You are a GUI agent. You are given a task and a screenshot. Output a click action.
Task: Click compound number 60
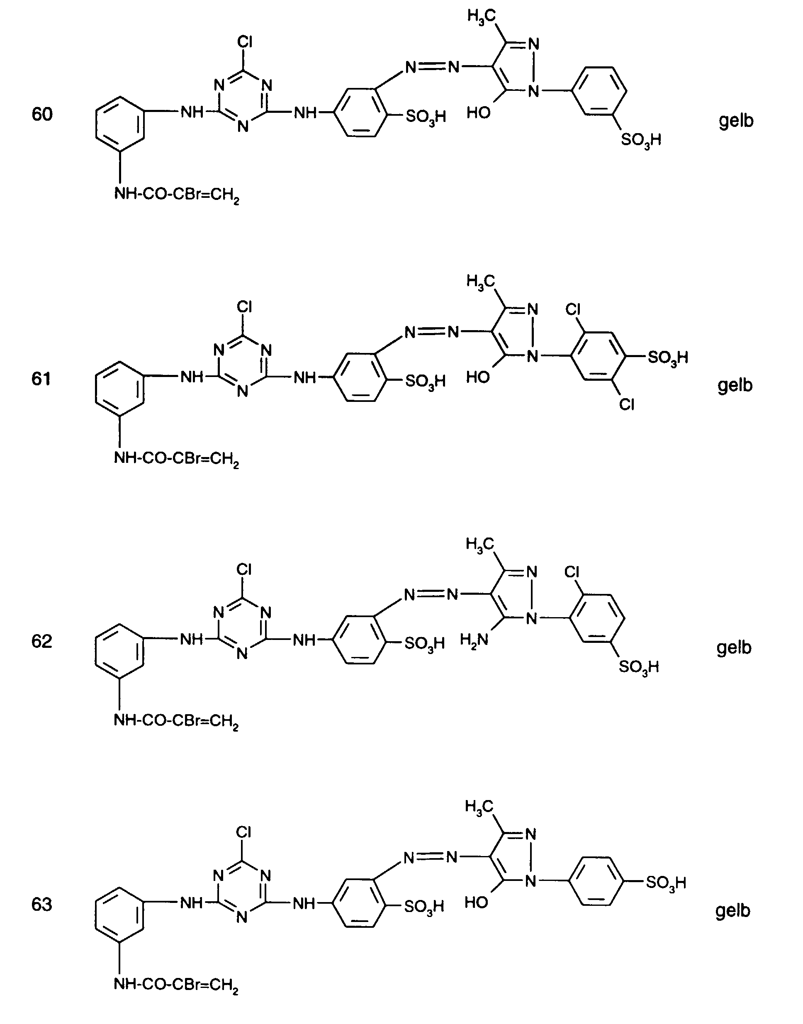tap(42, 114)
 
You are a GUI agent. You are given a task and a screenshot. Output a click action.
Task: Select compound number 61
tap(41, 379)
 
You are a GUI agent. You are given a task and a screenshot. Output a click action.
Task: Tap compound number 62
tap(41, 641)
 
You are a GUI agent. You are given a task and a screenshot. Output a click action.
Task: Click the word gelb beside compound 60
tap(736, 121)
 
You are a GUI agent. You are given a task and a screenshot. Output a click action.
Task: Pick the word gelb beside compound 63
tap(733, 911)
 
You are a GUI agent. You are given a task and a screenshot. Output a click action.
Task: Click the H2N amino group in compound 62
tap(474, 640)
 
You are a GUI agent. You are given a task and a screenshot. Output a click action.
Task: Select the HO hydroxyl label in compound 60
tap(479, 113)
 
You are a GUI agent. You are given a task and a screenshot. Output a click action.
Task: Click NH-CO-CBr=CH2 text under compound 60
tap(177, 195)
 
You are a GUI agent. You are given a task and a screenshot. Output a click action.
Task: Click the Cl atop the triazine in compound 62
tap(244, 570)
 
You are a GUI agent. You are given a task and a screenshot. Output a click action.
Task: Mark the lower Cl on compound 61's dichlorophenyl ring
tap(627, 404)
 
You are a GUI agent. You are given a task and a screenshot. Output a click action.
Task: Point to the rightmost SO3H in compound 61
tap(668, 358)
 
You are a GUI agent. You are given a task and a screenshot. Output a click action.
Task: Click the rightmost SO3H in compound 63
tap(666, 883)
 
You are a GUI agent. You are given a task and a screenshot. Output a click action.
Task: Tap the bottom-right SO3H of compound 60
tap(641, 140)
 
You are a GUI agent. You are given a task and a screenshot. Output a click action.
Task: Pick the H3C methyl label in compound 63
tap(479, 807)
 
